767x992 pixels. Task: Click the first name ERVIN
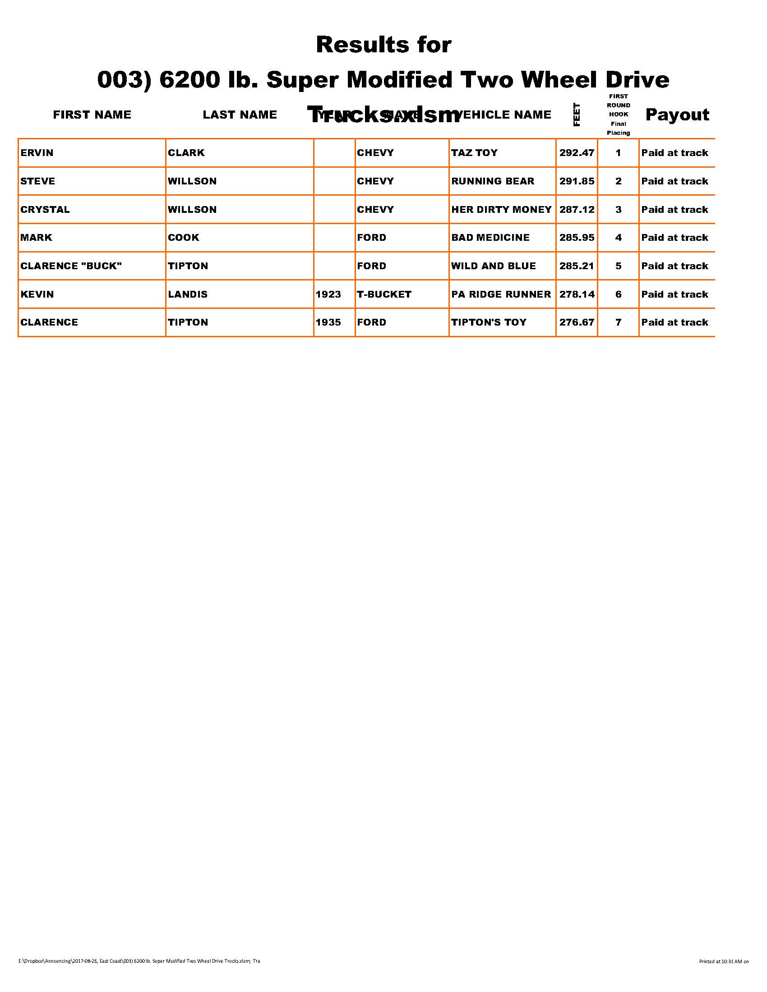(37, 152)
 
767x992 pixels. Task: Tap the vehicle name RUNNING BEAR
(493, 181)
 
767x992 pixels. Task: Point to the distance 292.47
(577, 152)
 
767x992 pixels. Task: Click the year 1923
(328, 294)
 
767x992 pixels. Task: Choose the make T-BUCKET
(384, 294)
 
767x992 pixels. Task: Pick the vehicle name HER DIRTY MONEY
(501, 209)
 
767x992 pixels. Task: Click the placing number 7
(618, 322)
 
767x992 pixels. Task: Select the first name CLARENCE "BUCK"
(71, 266)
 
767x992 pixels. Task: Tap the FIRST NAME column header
(92, 115)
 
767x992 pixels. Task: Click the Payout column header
(677, 115)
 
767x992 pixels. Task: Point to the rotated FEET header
(577, 115)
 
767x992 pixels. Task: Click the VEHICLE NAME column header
(504, 115)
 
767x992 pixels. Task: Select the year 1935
(328, 322)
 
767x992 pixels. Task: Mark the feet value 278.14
(577, 294)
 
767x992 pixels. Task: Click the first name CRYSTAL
(45, 209)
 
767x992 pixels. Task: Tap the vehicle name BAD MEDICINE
(490, 238)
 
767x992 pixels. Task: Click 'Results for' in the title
(383, 45)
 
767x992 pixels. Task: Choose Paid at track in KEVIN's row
(675, 294)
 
